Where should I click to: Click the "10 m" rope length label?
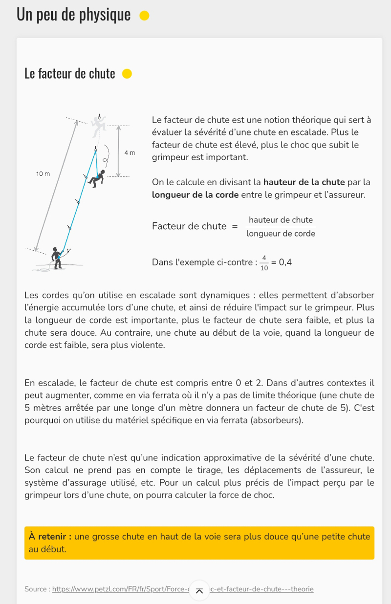tap(43, 174)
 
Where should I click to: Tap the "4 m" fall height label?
tap(130, 152)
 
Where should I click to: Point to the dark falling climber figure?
tap(97, 178)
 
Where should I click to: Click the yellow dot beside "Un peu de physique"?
tap(144, 16)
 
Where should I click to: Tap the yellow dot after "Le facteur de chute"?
tap(127, 74)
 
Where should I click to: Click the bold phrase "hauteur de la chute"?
tap(304, 182)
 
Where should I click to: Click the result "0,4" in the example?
tap(285, 262)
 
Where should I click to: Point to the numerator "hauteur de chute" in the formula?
tap(281, 220)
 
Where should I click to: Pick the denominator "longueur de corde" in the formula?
tap(281, 234)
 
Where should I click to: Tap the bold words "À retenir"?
tap(50, 537)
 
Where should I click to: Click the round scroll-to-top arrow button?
tap(199, 591)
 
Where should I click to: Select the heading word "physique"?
tap(107, 15)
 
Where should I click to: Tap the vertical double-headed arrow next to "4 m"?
tap(118, 151)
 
